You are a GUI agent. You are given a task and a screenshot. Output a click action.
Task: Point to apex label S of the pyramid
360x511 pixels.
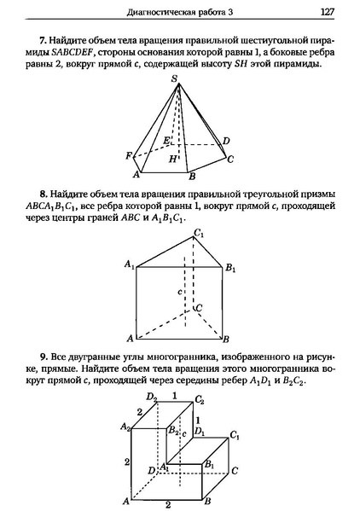click(174, 79)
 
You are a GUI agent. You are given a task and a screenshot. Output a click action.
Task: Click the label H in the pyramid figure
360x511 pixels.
click(173, 159)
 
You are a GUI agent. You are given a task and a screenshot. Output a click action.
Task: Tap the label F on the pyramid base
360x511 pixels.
click(128, 155)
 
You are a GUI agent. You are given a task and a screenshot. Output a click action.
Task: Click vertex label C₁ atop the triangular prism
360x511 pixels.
click(199, 234)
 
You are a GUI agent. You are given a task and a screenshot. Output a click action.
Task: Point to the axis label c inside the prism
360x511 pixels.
click(181, 293)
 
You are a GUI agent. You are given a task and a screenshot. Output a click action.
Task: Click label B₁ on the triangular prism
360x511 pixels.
click(230, 268)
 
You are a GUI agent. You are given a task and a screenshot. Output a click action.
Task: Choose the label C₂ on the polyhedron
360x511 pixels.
click(200, 399)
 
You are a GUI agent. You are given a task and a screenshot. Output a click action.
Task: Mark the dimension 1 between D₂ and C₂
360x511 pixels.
click(176, 395)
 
